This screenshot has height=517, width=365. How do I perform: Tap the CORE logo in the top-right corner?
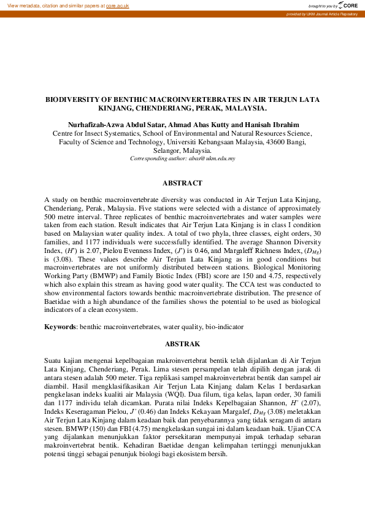tap(347, 5)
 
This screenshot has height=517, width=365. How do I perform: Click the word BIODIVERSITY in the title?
tap(74, 98)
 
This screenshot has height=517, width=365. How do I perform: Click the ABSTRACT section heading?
tap(182, 183)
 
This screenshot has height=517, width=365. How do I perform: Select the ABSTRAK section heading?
tap(182, 344)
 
